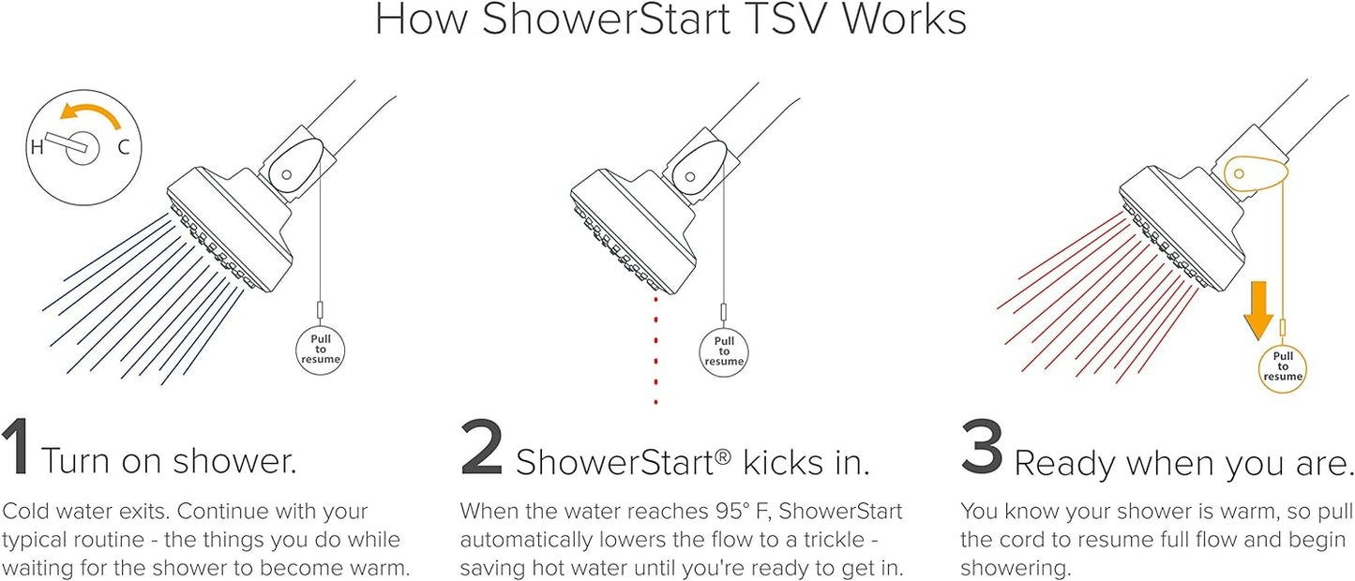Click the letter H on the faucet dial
(37, 146)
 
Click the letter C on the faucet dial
(124, 147)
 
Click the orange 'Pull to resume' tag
(1283, 366)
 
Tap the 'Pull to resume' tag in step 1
(321, 350)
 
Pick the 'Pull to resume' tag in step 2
(724, 351)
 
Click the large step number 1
(16, 446)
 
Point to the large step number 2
(481, 446)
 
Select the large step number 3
(982, 446)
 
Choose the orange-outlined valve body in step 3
(1256, 181)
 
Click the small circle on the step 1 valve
(287, 174)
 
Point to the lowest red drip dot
(655, 401)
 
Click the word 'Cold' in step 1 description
(26, 512)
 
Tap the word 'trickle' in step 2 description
(834, 539)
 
